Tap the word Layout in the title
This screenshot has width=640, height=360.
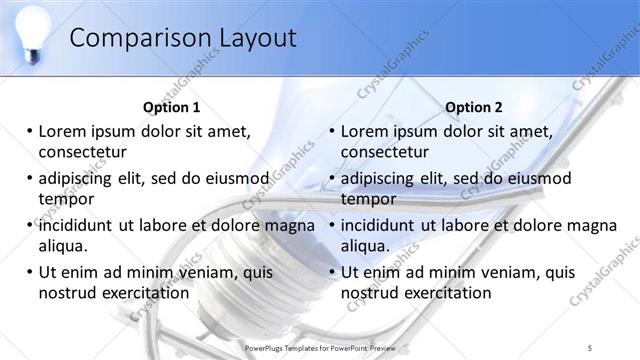tap(256, 38)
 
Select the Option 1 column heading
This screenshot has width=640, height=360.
tap(172, 107)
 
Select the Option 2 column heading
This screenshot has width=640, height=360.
tap(474, 107)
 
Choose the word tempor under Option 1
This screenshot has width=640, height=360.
tap(65, 199)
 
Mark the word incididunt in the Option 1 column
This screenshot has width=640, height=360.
tap(78, 225)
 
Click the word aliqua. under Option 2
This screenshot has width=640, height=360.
tap(369, 246)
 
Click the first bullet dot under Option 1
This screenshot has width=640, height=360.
tap(30, 131)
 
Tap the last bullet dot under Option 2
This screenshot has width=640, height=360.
tap(332, 272)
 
